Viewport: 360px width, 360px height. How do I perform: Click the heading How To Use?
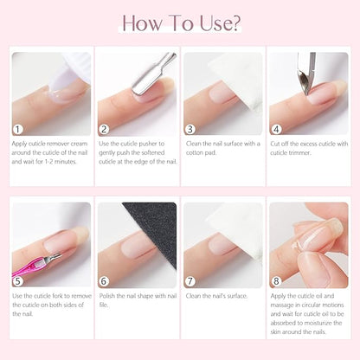[x=179, y=22]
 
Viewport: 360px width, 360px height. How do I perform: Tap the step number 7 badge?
[x=191, y=279]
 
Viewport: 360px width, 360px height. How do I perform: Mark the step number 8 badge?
[x=277, y=279]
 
